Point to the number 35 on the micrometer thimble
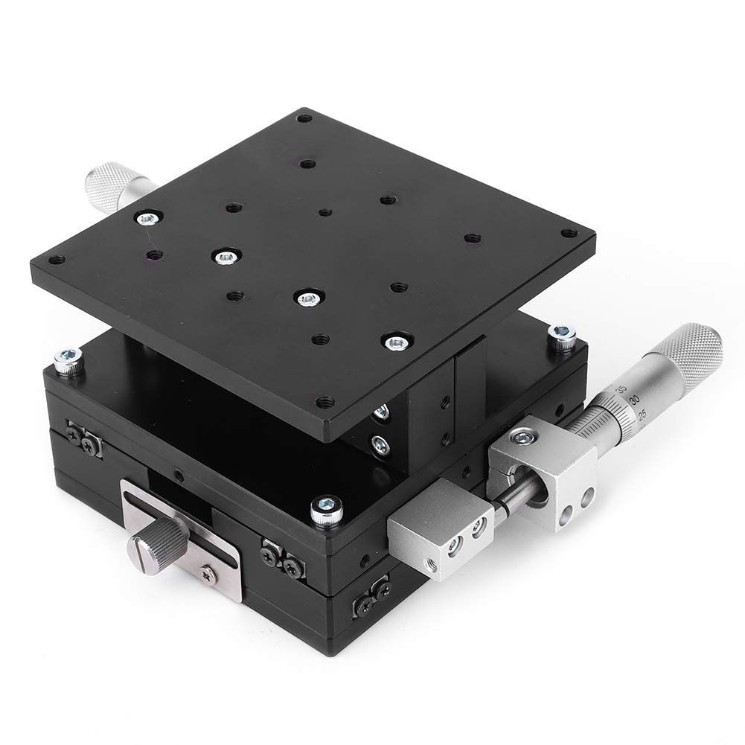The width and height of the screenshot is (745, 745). [x=621, y=390]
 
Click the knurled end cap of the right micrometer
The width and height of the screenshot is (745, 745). [x=692, y=355]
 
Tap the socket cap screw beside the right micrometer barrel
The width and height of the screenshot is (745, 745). [x=563, y=336]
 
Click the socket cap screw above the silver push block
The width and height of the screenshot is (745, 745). [x=325, y=508]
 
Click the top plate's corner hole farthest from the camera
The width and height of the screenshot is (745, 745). [x=303, y=118]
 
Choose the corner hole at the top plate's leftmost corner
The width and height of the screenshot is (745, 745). [x=55, y=260]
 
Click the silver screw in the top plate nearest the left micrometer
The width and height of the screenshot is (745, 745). [x=147, y=218]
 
